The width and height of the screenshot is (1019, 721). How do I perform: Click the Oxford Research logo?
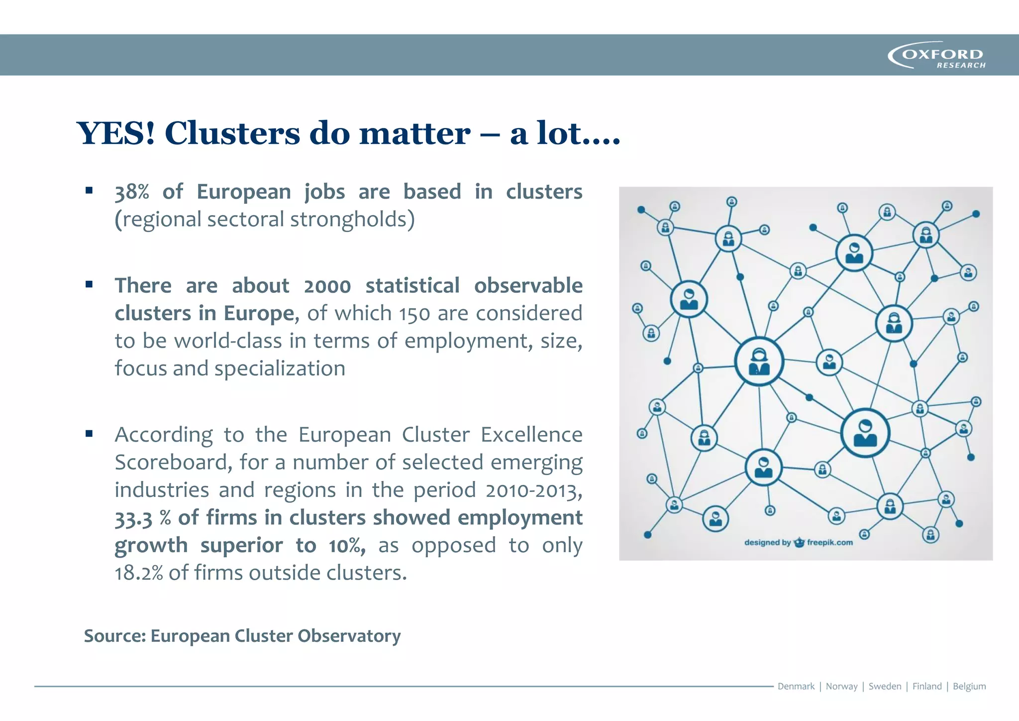click(936, 55)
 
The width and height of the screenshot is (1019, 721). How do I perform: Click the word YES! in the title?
click(116, 133)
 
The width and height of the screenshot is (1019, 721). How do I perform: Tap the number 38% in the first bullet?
click(132, 192)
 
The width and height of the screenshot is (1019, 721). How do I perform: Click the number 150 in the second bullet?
click(414, 314)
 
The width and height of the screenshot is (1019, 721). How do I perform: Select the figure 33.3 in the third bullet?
click(133, 518)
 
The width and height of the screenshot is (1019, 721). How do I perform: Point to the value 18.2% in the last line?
click(139, 573)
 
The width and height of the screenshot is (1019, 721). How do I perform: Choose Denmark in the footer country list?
click(796, 686)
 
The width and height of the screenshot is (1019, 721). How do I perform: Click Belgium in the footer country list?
click(969, 686)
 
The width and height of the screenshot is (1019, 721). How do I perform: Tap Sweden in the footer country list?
click(885, 686)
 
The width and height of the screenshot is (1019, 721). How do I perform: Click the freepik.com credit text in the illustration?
click(829, 542)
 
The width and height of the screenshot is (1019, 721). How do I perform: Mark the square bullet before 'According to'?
click(89, 434)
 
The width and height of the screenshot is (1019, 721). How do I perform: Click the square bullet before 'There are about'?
click(89, 285)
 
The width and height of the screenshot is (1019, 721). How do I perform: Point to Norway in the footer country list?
click(841, 686)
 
